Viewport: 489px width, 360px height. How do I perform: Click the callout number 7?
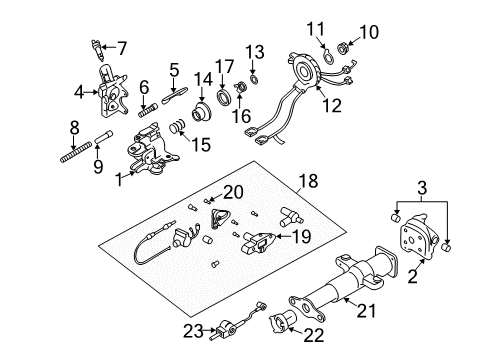[122, 47]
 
